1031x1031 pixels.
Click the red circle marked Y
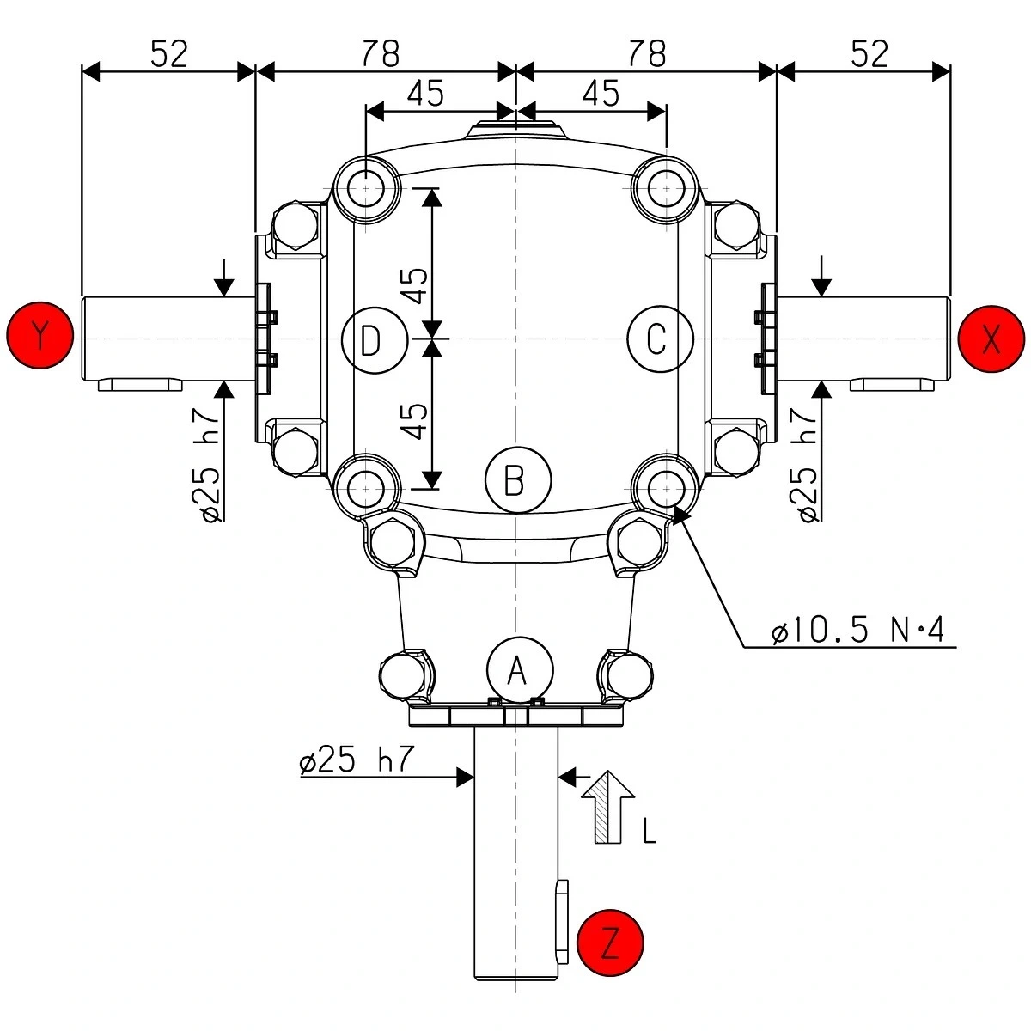(40, 335)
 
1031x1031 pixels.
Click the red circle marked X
(991, 339)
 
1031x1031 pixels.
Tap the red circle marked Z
(610, 944)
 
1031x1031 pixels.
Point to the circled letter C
(660, 339)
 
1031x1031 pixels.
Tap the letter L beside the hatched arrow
(650, 830)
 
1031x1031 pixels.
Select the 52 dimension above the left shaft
(168, 54)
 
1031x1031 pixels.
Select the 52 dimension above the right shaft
(869, 54)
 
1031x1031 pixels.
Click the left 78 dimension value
(380, 54)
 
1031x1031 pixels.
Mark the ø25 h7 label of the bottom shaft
(357, 760)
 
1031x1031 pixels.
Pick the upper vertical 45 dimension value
(414, 284)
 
